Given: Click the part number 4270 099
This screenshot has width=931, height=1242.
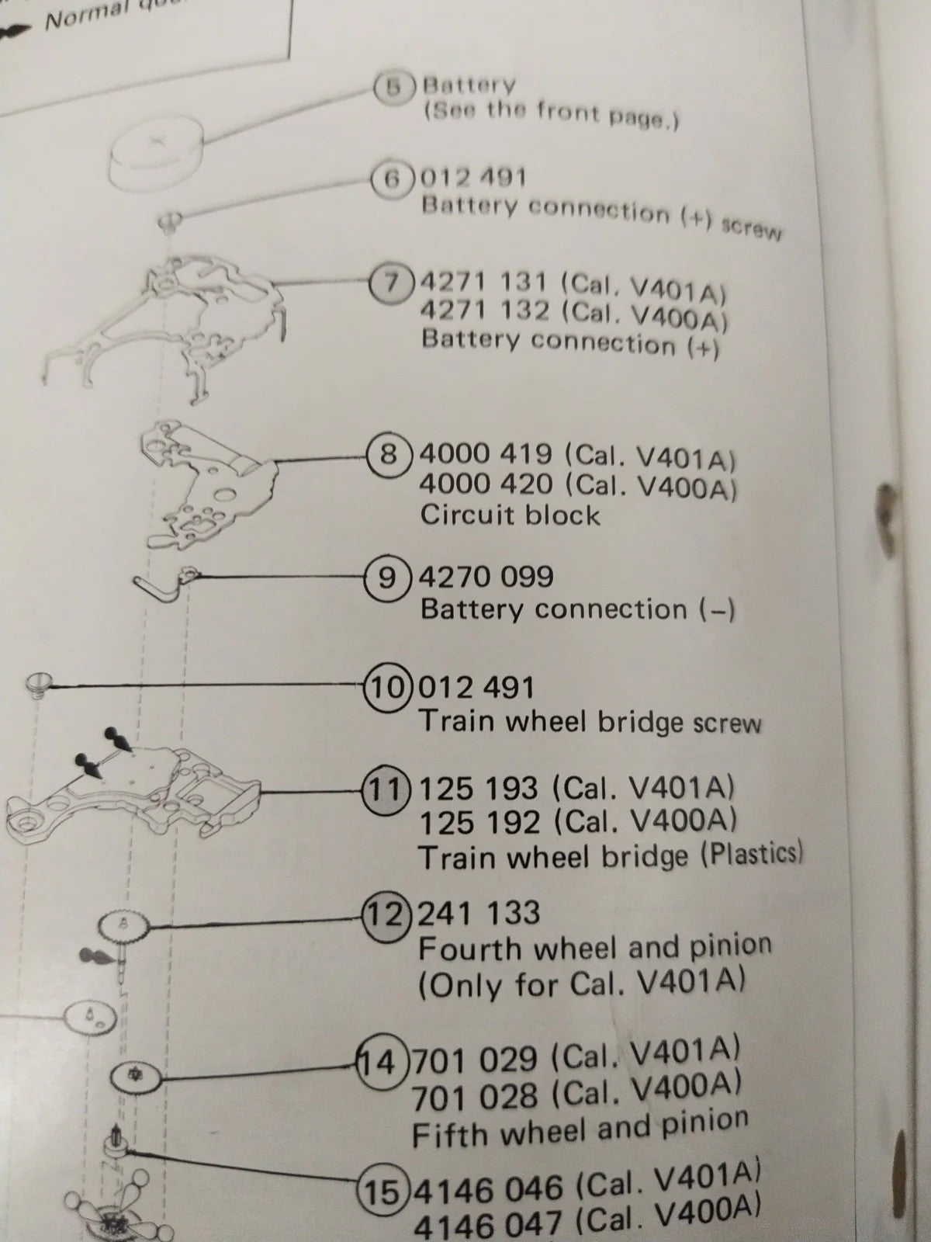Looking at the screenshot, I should coord(486,577).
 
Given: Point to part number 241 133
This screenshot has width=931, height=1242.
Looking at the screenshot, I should coord(478,913).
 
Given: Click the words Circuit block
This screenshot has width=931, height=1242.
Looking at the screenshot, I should coord(510,515).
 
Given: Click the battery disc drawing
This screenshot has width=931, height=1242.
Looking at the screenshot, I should coord(155,155).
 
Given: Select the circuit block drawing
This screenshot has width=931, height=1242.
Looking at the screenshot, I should coord(206,481).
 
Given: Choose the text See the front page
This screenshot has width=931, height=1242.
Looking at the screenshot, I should coord(551,114).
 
